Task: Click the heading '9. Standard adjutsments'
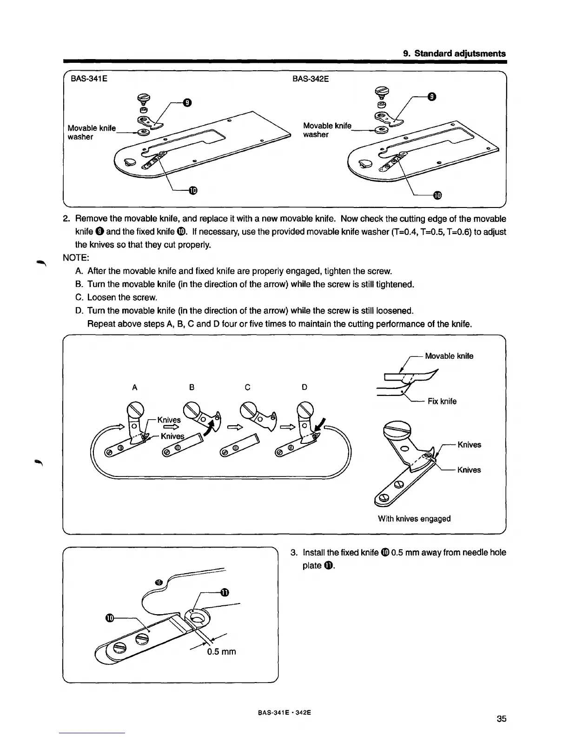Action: tap(454, 54)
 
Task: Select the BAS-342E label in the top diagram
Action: tap(311, 79)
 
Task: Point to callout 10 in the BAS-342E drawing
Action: tap(437, 194)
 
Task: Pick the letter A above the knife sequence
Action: tap(135, 387)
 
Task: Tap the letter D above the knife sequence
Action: tap(304, 387)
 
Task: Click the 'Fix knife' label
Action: tap(442, 401)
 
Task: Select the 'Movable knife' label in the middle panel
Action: tap(449, 356)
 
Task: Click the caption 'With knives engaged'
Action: tap(414, 518)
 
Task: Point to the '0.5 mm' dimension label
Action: tap(221, 651)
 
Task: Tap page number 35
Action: tap(501, 719)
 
